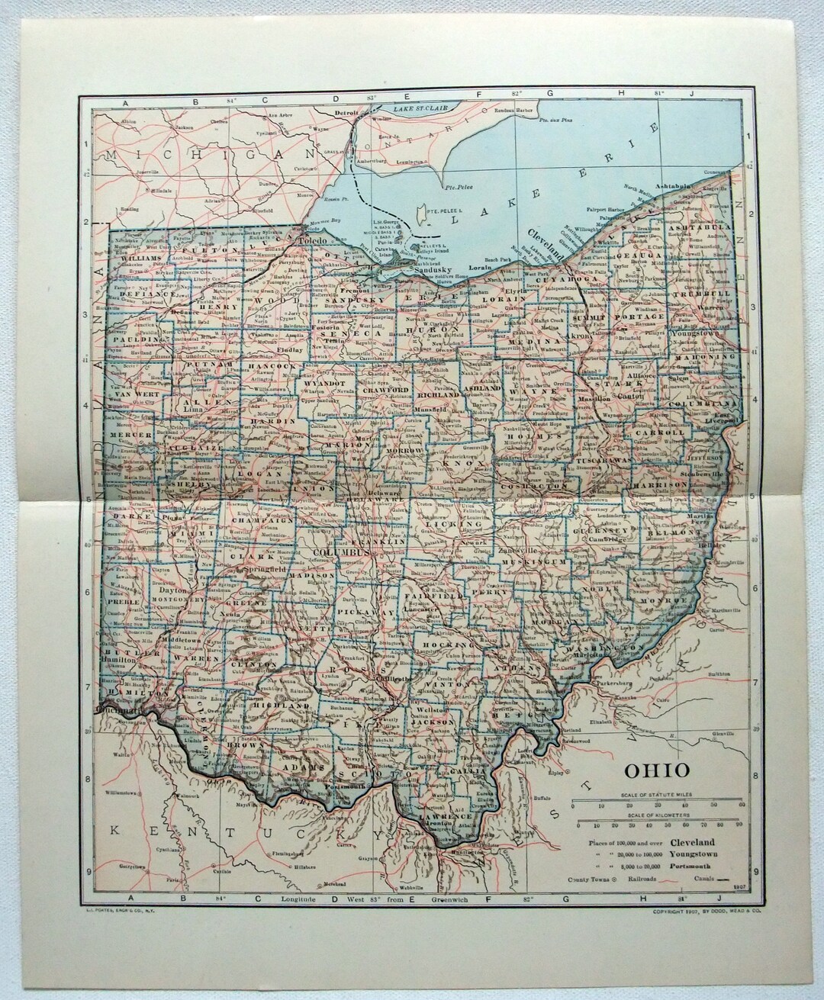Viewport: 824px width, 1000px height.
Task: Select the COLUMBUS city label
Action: [340, 551]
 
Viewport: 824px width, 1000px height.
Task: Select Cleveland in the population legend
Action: [693, 841]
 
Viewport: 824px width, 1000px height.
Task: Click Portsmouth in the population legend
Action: [694, 866]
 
